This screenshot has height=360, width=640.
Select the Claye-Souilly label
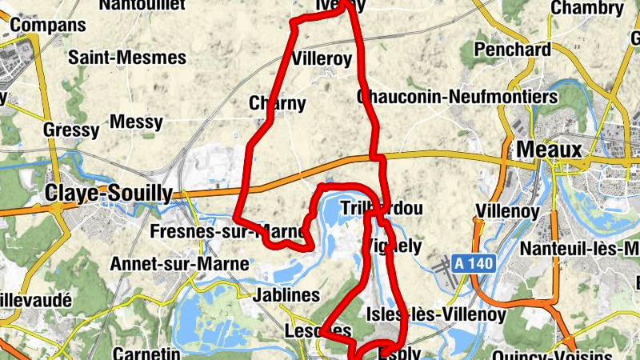108,193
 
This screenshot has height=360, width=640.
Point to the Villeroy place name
322,58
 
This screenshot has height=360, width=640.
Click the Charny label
277,102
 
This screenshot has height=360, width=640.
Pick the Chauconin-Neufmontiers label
458,97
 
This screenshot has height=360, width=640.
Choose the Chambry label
586,8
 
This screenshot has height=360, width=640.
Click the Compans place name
48,25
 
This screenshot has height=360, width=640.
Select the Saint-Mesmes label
127,58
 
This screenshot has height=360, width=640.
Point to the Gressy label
71,130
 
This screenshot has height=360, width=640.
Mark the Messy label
136,122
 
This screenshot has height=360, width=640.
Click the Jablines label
286,295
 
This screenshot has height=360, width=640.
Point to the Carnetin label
146,353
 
